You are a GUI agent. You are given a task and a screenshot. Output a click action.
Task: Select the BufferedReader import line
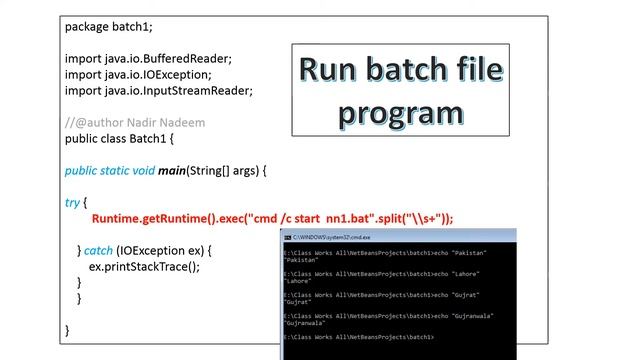click(x=149, y=59)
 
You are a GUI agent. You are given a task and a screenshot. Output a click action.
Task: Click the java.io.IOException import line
click(x=138, y=75)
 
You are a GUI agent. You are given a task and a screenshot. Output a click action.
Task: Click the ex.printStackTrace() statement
click(x=144, y=266)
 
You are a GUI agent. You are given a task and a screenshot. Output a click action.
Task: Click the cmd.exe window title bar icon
click(x=288, y=236)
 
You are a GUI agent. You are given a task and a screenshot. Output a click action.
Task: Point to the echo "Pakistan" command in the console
click(x=460, y=253)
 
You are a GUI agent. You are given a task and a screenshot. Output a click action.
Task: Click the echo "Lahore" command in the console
click(x=456, y=274)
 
